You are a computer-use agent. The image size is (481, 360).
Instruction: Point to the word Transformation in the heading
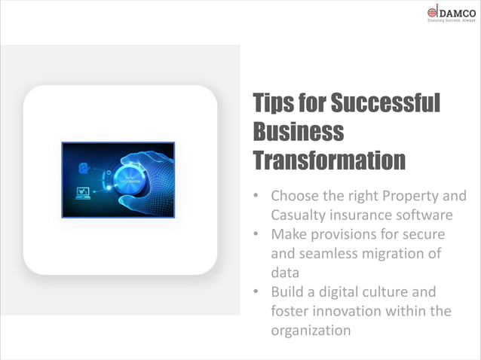329,160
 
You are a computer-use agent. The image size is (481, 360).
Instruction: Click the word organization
311,330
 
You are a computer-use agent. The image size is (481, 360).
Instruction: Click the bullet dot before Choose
256,197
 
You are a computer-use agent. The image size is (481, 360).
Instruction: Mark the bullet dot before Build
256,292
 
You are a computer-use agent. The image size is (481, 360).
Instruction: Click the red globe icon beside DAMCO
433,12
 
